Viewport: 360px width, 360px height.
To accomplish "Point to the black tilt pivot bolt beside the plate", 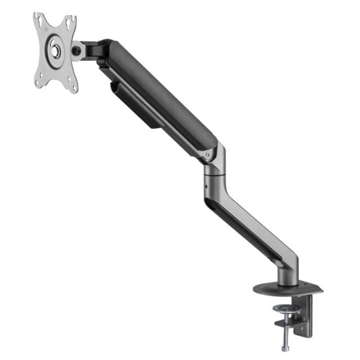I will pos(76,50).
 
